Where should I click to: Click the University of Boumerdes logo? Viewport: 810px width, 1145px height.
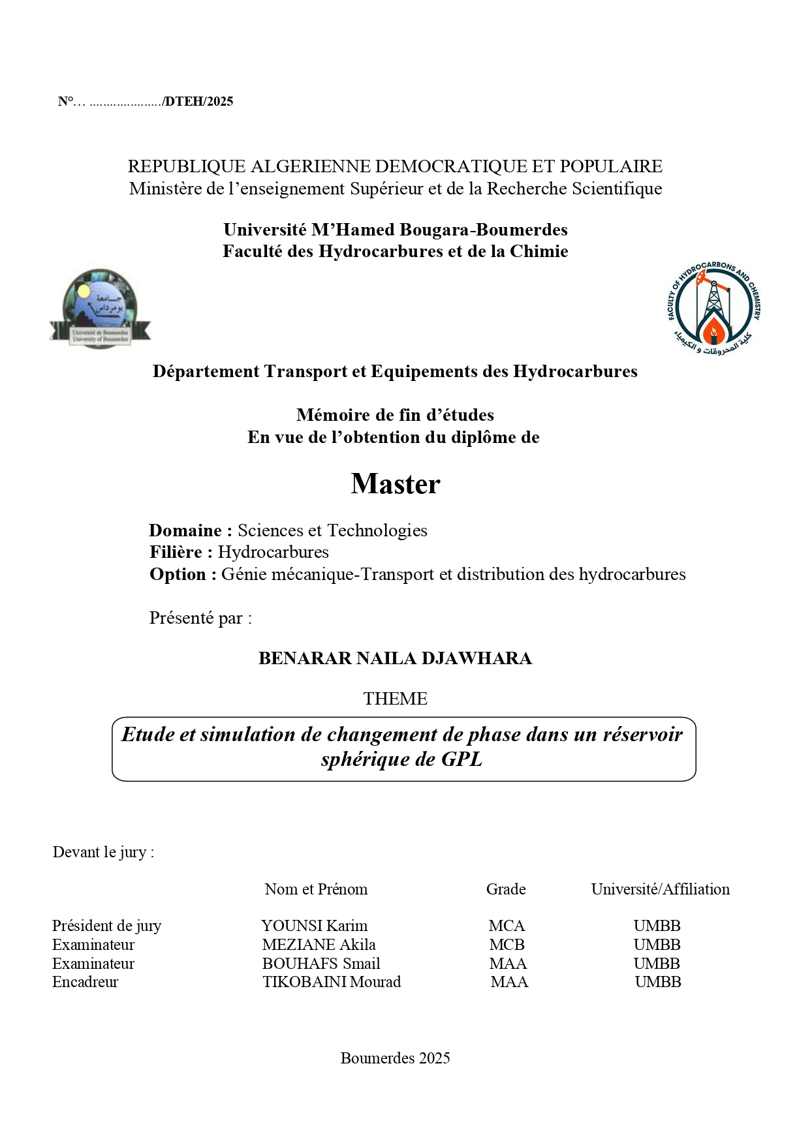pos(100,309)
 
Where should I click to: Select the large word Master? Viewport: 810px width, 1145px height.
pos(396,484)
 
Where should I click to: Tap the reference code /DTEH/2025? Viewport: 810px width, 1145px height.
pos(198,102)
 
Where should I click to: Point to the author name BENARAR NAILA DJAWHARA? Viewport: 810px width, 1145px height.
pos(395,658)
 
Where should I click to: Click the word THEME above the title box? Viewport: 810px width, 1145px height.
pos(396,699)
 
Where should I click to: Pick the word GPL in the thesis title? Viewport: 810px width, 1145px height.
pos(461,759)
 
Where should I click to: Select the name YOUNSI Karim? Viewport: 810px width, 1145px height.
pos(314,926)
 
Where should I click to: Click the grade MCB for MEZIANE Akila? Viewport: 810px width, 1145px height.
pos(506,945)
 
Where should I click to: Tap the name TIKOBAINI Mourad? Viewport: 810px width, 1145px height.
pos(332,982)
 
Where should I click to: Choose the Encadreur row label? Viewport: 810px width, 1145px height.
pos(85,982)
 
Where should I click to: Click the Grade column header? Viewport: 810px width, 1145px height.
pos(506,889)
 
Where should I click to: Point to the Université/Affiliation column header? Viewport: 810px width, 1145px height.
pos(660,889)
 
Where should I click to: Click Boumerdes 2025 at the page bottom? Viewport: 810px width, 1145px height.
pos(395,1058)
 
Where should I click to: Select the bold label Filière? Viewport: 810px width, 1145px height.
pos(181,553)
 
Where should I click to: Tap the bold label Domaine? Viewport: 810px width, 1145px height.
pos(190,530)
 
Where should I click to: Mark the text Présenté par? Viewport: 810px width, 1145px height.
pos(200,618)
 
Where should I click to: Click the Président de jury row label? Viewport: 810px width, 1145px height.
pos(106,926)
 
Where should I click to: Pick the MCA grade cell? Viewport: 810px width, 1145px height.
pos(506,926)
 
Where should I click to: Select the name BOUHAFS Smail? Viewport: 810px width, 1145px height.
pos(320,964)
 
